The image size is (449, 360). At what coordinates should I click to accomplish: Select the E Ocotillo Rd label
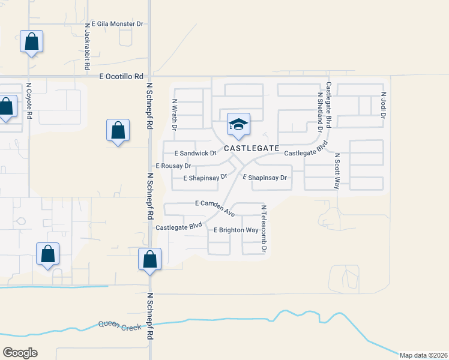click(x=122, y=76)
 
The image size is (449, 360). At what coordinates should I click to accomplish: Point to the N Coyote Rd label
click(x=28, y=100)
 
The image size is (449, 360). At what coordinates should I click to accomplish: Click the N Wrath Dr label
click(x=175, y=115)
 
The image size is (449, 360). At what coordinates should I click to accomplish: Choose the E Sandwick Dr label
click(x=194, y=154)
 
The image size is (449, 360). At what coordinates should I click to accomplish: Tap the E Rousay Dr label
click(x=173, y=166)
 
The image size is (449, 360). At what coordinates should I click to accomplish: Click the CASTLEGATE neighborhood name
click(x=252, y=148)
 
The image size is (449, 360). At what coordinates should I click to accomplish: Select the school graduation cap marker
click(x=238, y=125)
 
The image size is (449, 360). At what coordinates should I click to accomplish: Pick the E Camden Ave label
click(x=214, y=207)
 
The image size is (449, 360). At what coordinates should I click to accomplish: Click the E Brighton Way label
click(x=236, y=230)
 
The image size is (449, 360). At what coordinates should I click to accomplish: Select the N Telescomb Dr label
click(x=263, y=229)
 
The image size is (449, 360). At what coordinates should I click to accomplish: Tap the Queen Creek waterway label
click(x=120, y=325)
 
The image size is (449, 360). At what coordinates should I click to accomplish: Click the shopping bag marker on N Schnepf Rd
click(x=150, y=259)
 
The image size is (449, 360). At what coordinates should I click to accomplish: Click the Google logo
click(x=20, y=352)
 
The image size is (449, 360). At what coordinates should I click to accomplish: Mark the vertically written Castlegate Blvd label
click(x=329, y=106)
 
